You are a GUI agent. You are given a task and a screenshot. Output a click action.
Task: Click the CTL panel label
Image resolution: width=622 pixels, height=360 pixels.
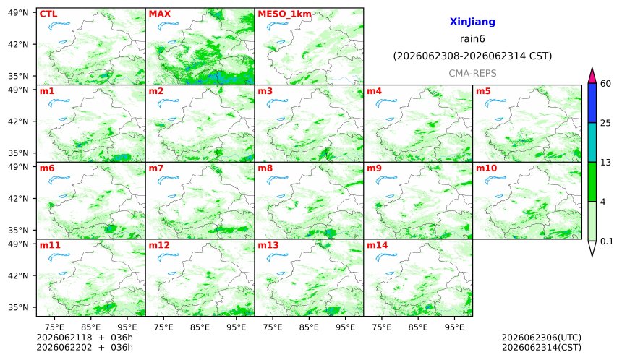pos(48,14)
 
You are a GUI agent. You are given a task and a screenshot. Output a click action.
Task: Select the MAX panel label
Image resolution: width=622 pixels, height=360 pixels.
pos(159,14)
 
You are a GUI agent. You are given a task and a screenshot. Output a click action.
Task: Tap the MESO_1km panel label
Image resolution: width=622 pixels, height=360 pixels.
pos(284,14)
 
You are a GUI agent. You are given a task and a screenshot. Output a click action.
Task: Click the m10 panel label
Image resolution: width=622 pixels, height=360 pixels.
pos(486,168)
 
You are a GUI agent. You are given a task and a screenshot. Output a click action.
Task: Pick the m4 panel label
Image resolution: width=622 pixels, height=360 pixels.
pos(374,91)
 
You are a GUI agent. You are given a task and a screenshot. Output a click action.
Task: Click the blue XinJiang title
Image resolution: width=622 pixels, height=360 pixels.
pos(472,22)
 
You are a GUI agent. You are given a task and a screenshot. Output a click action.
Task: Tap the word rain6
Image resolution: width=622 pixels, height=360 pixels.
pos(472,39)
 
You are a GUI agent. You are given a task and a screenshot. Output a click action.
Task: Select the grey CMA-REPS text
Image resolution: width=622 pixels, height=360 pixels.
pos(472,73)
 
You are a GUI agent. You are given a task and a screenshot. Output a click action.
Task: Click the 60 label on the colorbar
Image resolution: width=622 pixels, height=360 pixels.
pos(606,84)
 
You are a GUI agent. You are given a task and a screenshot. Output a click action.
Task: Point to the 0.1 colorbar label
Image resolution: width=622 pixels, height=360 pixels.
pos(607,241)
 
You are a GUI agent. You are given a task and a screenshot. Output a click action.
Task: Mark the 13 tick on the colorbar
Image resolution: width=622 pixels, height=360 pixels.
pos(606,162)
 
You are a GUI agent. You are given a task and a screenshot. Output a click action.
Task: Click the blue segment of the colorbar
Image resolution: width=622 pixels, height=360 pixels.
pos(592,103)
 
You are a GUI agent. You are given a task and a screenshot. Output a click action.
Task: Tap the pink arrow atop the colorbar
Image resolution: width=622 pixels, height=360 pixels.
pos(592,75)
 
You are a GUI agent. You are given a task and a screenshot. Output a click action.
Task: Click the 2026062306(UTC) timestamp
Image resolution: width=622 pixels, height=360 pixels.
pos(542,338)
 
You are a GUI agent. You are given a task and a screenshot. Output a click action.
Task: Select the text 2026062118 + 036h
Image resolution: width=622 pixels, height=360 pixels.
pos(85,338)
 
